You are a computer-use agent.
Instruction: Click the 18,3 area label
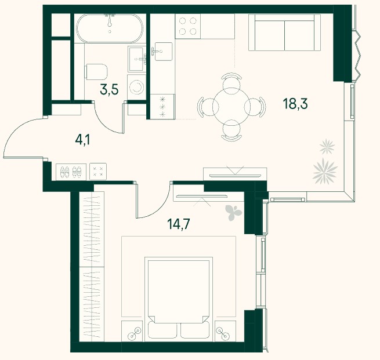295,104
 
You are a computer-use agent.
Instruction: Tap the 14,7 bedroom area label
178,224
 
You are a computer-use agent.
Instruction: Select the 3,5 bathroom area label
109,90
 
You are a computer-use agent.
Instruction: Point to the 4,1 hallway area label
82,140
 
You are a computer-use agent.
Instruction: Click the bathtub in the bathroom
110,28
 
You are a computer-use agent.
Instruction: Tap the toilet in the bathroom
96,72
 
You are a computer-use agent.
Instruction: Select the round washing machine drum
136,87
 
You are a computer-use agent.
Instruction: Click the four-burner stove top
188,26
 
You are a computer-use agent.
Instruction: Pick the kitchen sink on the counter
163,52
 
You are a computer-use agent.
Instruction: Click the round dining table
231,107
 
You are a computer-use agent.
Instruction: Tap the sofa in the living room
284,32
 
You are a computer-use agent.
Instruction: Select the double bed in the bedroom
179,299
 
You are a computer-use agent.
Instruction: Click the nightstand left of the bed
132,331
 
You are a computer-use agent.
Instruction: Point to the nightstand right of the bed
225,331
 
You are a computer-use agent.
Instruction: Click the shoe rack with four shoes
71,172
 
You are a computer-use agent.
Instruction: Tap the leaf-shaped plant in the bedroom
233,213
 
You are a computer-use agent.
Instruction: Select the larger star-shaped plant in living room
325,171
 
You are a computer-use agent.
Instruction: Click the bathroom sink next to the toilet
137,59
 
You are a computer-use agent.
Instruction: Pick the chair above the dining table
231,81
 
